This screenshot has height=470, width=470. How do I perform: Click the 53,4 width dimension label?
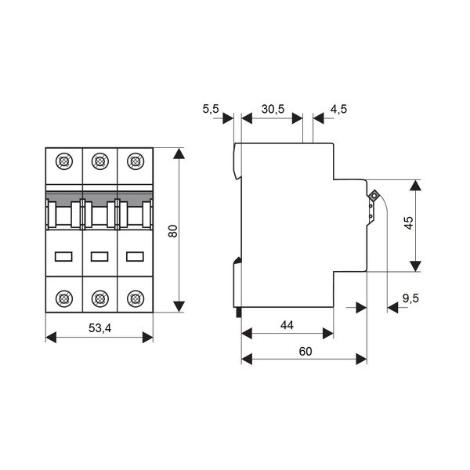point(99,328)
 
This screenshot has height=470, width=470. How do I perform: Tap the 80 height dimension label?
point(173,231)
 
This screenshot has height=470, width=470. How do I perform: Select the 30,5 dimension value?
point(273,109)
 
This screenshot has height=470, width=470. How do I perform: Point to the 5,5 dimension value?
point(211,109)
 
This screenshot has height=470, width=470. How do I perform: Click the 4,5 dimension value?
point(338,109)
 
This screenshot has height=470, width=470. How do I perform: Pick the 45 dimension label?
point(409,222)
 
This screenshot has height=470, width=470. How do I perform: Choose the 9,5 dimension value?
point(410,298)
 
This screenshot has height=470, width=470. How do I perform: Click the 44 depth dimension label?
point(287,325)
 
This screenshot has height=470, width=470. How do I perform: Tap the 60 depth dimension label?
point(305,351)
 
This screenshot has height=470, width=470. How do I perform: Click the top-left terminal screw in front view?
point(64,161)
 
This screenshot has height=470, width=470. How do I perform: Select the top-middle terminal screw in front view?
point(99,161)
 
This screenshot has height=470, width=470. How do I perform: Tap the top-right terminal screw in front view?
point(136,161)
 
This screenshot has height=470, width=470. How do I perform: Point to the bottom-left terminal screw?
point(64,298)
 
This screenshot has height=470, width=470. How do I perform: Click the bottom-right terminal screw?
point(136,298)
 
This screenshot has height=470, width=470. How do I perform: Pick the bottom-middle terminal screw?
point(99,298)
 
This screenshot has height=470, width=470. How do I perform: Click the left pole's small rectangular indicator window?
point(63,257)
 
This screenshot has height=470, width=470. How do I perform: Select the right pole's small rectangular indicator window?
point(136,257)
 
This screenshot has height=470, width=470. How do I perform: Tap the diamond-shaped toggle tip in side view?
point(374,197)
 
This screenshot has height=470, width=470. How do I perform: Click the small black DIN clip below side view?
point(239,312)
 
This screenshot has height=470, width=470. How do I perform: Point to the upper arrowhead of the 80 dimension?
point(179,154)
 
